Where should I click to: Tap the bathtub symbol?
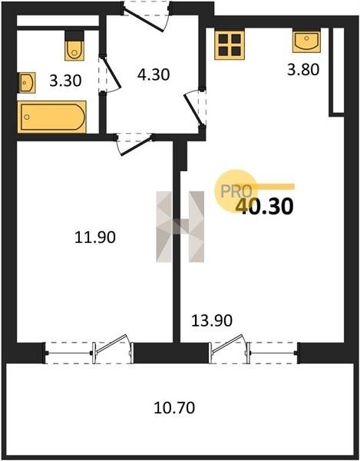click(x=51, y=117)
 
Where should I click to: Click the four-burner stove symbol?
click(x=230, y=45)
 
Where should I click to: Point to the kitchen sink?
click(x=306, y=41)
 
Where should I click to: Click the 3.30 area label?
click(x=65, y=81)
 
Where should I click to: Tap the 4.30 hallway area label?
click(x=154, y=75)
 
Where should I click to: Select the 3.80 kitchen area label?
click(x=303, y=70)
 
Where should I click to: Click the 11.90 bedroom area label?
click(x=95, y=237)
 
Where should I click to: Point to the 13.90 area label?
click(x=212, y=320)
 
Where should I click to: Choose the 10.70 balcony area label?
click(x=174, y=408)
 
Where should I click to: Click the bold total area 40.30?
click(x=264, y=206)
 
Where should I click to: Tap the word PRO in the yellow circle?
click(x=236, y=191)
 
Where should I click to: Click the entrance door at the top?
click(x=146, y=16)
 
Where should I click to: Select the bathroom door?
click(x=109, y=74)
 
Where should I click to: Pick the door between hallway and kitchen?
click(x=195, y=108)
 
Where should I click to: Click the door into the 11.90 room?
click(x=134, y=144)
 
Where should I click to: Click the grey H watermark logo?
click(x=180, y=227)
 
